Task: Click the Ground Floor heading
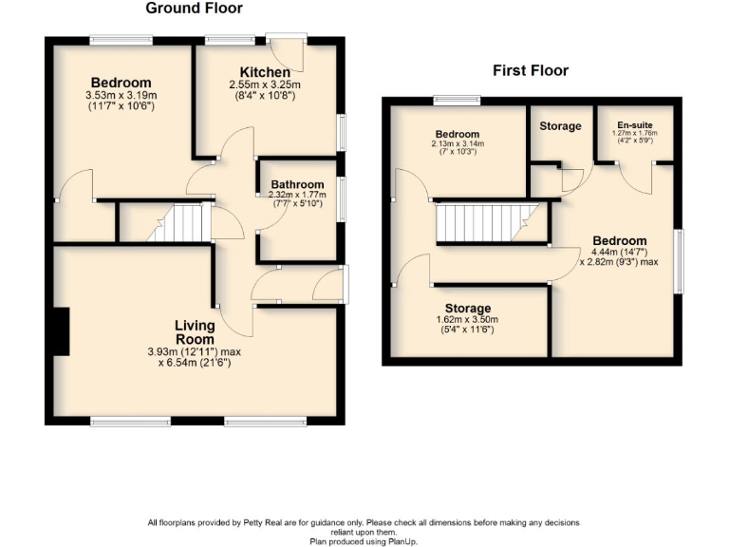click(x=194, y=9)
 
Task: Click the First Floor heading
click(x=530, y=70)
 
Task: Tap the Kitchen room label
click(x=265, y=73)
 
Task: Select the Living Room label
click(x=194, y=332)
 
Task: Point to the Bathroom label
click(x=297, y=184)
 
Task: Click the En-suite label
click(x=634, y=125)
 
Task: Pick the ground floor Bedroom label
click(x=121, y=83)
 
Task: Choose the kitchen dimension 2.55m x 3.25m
click(x=265, y=85)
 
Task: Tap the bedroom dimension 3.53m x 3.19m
click(x=121, y=95)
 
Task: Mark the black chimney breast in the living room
click(x=61, y=331)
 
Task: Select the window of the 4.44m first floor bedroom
click(x=679, y=261)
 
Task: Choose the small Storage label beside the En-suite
click(x=560, y=126)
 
